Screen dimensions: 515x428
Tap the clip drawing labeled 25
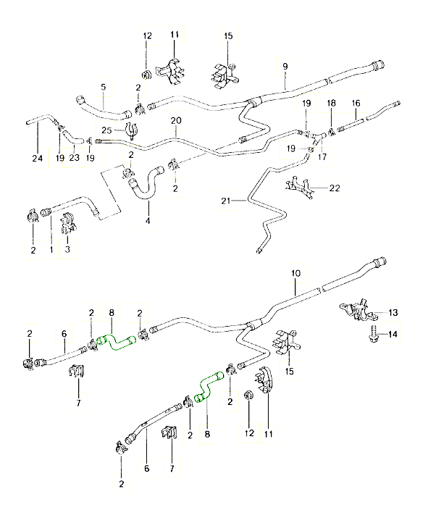[130, 133]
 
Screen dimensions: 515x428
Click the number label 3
[67, 249]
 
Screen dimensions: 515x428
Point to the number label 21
[225, 202]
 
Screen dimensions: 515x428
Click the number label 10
[295, 273]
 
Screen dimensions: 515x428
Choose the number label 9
[285, 66]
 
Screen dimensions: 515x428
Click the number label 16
[356, 104]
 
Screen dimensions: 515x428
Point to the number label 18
[331, 104]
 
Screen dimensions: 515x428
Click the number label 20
[175, 120]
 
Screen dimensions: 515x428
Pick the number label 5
[104, 86]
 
